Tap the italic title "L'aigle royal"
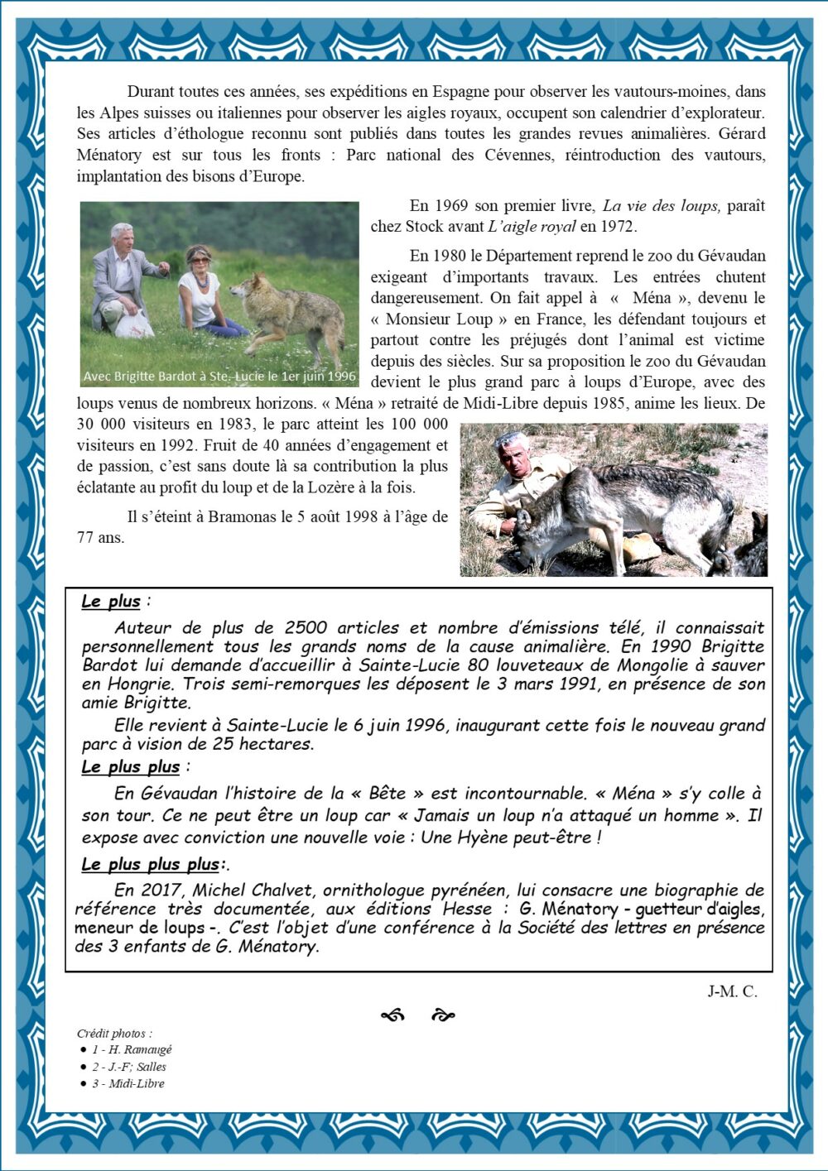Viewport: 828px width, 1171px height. [x=531, y=227]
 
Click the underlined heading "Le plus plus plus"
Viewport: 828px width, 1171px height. [x=151, y=865]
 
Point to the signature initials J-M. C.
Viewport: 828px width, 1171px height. [x=732, y=991]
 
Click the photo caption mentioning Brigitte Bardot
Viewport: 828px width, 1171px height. [x=219, y=377]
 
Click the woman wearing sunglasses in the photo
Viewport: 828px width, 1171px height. [x=199, y=286]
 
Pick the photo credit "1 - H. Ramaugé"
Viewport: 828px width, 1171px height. [x=131, y=1050]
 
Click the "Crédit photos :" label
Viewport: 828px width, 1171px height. [x=114, y=1034]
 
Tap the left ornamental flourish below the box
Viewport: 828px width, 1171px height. [x=392, y=1015]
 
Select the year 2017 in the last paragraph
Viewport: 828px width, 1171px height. [x=159, y=890]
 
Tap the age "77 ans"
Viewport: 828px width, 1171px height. [x=100, y=538]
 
